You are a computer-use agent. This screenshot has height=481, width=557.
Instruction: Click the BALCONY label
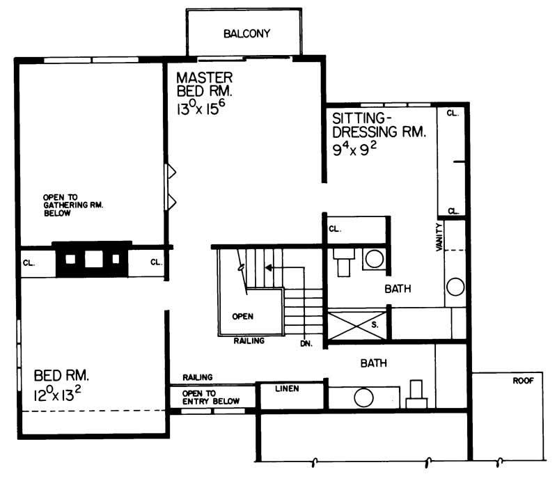[x=246, y=33]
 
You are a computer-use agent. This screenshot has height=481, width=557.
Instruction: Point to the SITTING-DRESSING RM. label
[x=378, y=125]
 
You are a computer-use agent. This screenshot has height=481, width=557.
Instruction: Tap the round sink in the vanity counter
[x=455, y=286]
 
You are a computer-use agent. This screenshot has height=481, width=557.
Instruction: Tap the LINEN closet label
[x=290, y=388]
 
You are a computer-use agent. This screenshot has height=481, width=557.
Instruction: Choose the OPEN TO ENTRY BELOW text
[x=211, y=397]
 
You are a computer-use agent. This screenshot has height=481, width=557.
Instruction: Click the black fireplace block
[x=92, y=259]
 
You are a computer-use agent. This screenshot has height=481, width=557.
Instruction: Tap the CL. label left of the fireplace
[x=29, y=262]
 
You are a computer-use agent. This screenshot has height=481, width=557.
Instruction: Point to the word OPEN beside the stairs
[x=242, y=315]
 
